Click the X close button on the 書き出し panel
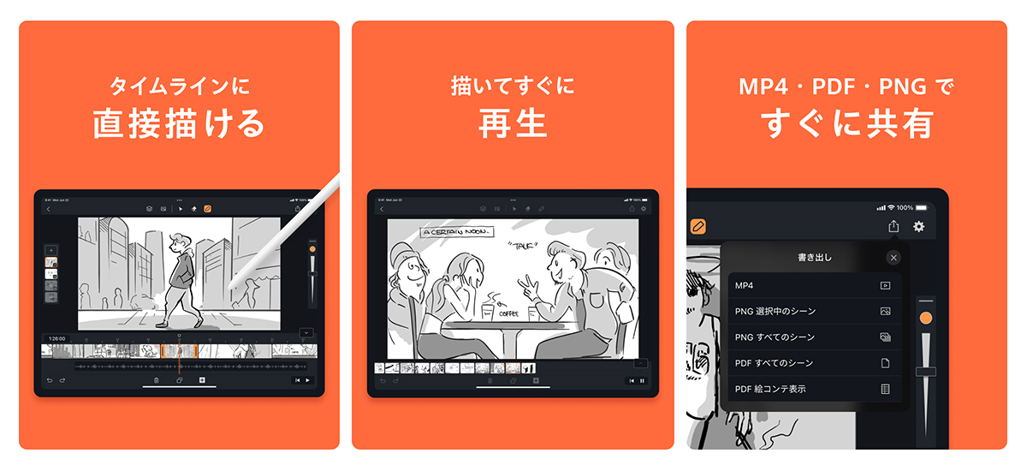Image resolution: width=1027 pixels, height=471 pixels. click(x=893, y=257)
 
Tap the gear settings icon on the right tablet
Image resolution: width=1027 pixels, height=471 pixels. click(x=919, y=226)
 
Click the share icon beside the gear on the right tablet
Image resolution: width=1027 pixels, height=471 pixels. click(x=893, y=226)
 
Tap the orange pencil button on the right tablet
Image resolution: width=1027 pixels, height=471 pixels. click(x=698, y=226)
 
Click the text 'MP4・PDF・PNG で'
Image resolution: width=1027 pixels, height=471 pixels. click(x=846, y=86)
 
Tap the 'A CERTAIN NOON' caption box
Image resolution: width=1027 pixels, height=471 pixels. click(x=454, y=231)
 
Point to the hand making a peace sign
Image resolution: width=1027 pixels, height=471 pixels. click(x=529, y=283)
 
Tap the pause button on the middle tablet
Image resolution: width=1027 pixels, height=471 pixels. click(x=643, y=380)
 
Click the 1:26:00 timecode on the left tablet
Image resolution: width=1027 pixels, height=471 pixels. click(x=57, y=338)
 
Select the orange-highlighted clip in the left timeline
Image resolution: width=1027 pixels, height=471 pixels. click(x=179, y=350)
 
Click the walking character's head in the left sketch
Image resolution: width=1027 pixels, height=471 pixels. click(x=178, y=242)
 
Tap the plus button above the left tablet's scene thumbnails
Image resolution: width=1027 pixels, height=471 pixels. click(x=51, y=250)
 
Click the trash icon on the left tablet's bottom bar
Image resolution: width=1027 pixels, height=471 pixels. click(x=156, y=379)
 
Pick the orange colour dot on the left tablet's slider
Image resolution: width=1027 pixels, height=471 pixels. click(x=312, y=249)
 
